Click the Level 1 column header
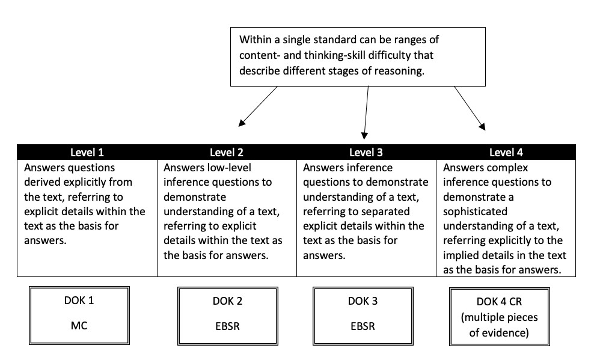click(87, 153)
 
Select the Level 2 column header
click(227, 153)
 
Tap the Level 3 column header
click(366, 153)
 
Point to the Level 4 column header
click(506, 153)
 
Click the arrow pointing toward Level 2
click(259, 106)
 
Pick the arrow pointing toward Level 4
click(470, 108)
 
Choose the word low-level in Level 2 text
click(236, 168)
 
